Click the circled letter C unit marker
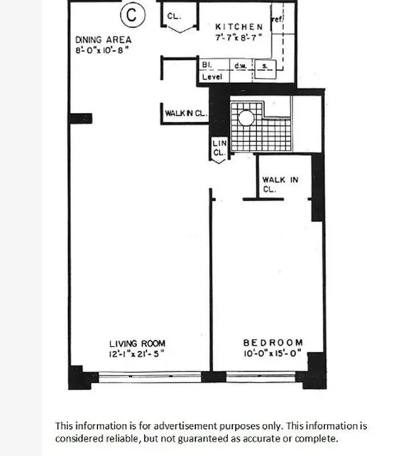(132, 15)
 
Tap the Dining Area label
(103, 40)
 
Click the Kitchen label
(239, 27)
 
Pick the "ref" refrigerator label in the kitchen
(277, 19)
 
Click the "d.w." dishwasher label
(240, 66)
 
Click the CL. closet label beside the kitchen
(174, 16)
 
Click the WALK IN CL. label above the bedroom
(280, 185)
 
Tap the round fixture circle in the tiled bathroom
(246, 118)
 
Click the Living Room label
(137, 343)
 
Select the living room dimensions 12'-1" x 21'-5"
(137, 353)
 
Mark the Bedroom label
(273, 343)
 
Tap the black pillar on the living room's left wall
(80, 119)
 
